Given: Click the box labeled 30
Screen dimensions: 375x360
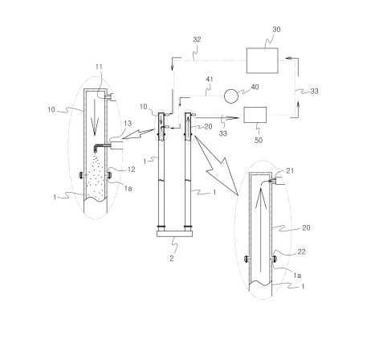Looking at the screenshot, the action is (262, 60).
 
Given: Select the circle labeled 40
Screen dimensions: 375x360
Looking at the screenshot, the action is (231, 96).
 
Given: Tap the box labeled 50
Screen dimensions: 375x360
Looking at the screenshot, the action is (255, 115).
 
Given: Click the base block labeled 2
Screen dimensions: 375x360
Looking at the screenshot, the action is (174, 234).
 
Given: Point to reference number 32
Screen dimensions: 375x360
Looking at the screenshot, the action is (197, 39).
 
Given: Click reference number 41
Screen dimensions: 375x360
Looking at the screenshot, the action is (210, 80).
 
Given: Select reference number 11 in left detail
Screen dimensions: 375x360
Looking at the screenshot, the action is (99, 67).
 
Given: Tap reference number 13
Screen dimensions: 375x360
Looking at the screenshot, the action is (128, 123).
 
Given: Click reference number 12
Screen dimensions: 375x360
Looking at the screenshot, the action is (131, 170).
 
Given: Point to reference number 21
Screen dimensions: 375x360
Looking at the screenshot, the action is (290, 170).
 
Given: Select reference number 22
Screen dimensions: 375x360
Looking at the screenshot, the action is (301, 252).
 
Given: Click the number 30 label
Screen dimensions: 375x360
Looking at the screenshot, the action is (276, 30).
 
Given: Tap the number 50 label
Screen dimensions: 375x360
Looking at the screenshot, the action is (259, 140).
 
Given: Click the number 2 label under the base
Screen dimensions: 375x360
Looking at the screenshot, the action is (172, 259).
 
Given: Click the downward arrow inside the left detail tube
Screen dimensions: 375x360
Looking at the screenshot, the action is (95, 118).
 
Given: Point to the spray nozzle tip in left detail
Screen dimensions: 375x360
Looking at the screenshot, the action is (96, 151).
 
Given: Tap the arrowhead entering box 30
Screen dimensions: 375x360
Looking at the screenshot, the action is (288, 58).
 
